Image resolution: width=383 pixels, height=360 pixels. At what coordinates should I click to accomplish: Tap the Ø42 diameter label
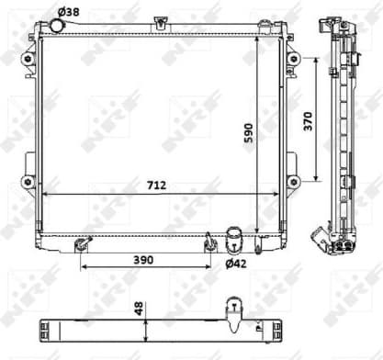tap(236, 264)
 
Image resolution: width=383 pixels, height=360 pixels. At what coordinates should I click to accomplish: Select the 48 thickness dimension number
tap(139, 309)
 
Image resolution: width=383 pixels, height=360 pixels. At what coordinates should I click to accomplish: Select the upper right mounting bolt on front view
tap(293, 58)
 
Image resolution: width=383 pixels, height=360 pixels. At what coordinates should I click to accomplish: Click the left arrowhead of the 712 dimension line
tap(46, 194)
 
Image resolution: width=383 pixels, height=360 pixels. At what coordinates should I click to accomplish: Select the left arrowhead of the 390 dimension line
tap(84, 268)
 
